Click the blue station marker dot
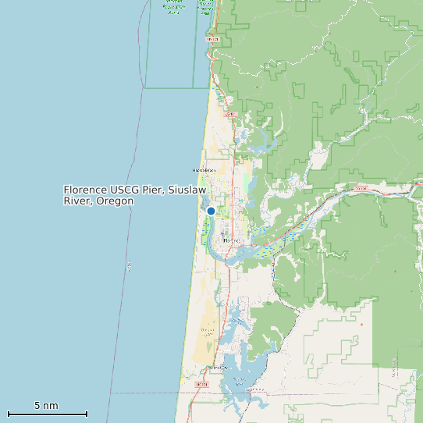(211, 211)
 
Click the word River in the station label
(78, 201)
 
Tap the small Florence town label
(233, 241)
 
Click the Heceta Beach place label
(203, 169)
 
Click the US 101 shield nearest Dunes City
(201, 385)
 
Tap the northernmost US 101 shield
(213, 38)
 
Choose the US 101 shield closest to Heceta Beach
(229, 114)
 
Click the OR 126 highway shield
(361, 189)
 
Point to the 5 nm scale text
(46, 406)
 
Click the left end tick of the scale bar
(8, 414)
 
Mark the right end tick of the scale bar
(87, 414)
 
